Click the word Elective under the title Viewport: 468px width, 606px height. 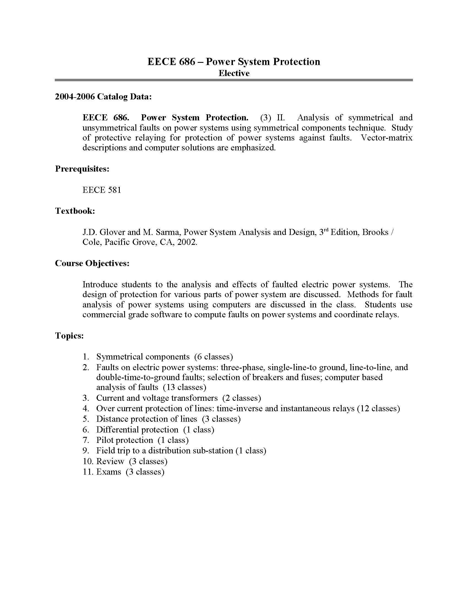pyautogui.click(x=234, y=73)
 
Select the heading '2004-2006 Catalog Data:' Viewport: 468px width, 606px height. pyautogui.click(x=104, y=97)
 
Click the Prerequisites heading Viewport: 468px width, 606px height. pyautogui.click(x=82, y=169)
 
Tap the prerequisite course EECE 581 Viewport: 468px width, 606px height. pyautogui.click(x=102, y=190)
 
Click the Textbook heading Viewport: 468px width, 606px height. pyautogui.click(x=75, y=211)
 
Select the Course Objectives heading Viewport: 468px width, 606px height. pyautogui.click(x=92, y=263)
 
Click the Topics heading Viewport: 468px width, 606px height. pyautogui.click(x=69, y=336)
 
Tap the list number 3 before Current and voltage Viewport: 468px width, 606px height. pyautogui.click(x=86, y=398)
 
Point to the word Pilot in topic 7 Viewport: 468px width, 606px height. pyautogui.click(x=105, y=440)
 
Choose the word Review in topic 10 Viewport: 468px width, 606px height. pyautogui.click(x=110, y=461)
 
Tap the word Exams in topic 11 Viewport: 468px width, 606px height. pyautogui.click(x=109, y=472)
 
